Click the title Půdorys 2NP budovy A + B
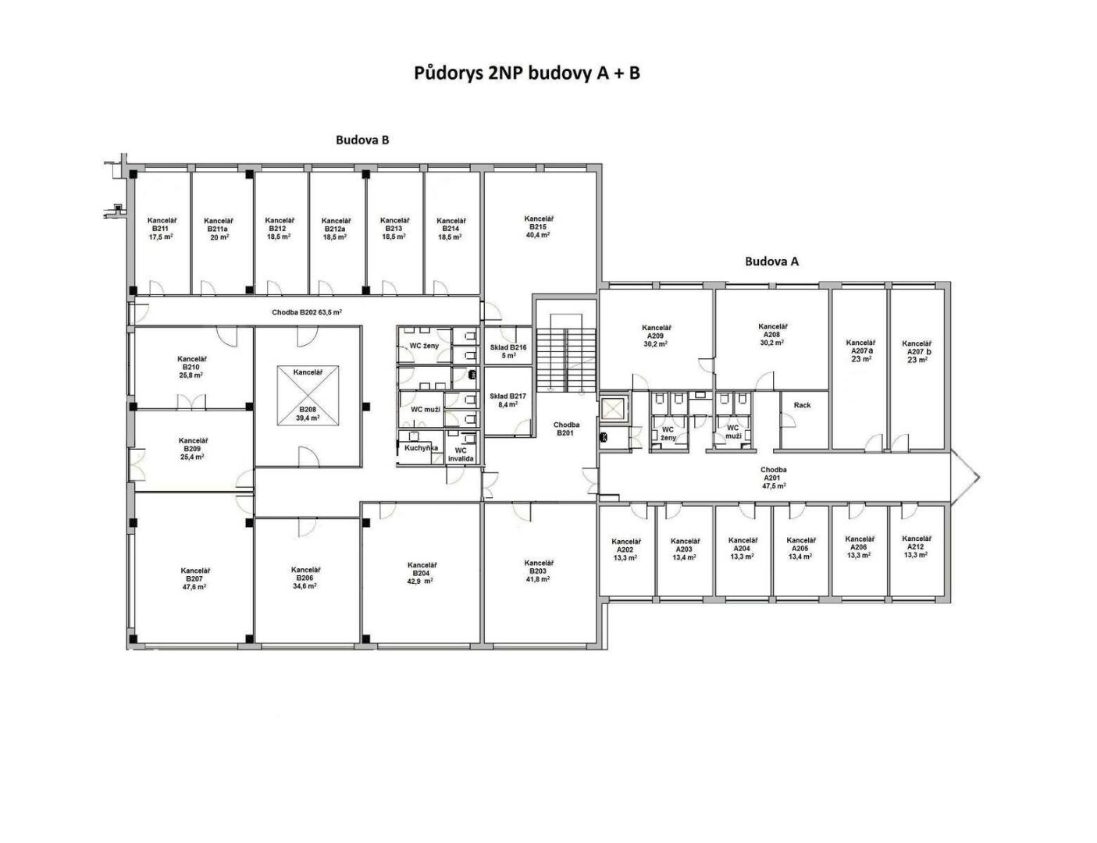click(x=526, y=73)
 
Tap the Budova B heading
click(x=362, y=140)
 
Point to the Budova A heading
click(x=771, y=261)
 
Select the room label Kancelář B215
click(x=538, y=222)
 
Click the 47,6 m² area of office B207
click(x=194, y=587)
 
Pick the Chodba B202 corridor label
click(x=307, y=312)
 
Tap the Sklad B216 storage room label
click(x=508, y=347)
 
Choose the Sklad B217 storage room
click(x=508, y=400)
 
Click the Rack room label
click(x=802, y=404)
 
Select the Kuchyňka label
click(x=421, y=447)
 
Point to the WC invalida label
click(x=461, y=454)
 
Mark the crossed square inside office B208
click(x=308, y=396)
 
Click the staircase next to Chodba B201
click(x=566, y=360)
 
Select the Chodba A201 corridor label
click(x=774, y=478)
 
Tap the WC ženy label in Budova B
click(x=424, y=346)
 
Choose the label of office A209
click(x=656, y=336)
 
